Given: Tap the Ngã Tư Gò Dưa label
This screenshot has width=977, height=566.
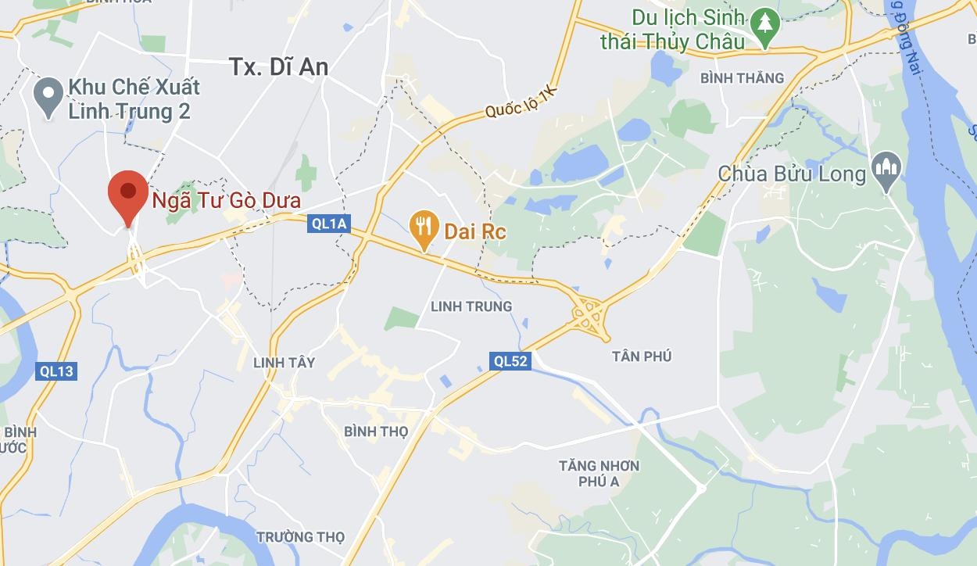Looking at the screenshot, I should [226, 201].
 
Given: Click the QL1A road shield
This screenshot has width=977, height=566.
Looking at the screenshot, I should [329, 224].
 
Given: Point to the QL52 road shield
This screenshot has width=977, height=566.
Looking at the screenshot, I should [510, 360].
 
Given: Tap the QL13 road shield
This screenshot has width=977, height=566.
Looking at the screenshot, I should [56, 371].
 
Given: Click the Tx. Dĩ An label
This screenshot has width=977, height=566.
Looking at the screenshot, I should [279, 67].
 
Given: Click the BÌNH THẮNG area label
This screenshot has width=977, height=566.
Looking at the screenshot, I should [742, 77].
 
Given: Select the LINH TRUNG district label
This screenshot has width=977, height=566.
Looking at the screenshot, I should [471, 306].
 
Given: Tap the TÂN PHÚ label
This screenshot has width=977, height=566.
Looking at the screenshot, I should [642, 356].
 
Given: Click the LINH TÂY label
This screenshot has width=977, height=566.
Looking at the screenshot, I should [285, 363].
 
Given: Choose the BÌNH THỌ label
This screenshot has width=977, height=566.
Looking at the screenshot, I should [376, 431].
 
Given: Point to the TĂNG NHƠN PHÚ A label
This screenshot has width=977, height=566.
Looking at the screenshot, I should [599, 473].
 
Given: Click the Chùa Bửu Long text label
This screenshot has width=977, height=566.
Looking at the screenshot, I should [792, 174].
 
